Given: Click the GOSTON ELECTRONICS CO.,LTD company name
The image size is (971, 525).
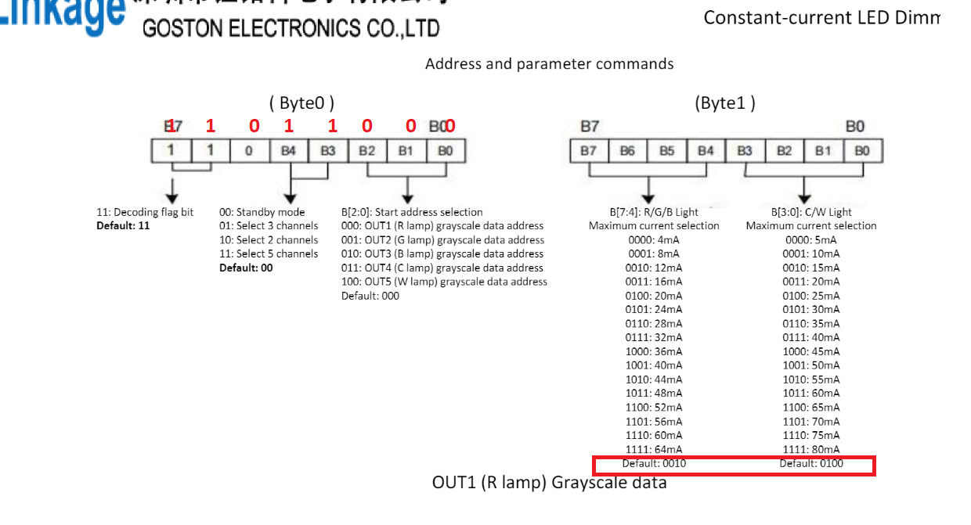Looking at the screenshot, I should (291, 29).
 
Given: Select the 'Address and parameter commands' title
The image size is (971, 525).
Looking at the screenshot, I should (549, 63).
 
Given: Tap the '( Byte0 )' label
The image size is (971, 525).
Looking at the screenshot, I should (301, 102).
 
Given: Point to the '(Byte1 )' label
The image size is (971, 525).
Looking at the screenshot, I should (724, 102).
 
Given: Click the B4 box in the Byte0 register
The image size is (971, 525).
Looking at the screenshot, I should (288, 150).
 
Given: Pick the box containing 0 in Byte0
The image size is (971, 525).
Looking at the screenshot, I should (249, 150).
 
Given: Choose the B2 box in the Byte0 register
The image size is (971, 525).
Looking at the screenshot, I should (366, 150).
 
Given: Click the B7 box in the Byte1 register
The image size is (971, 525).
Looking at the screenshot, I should (589, 150).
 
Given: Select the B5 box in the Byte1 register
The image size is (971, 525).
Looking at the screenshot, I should (667, 150).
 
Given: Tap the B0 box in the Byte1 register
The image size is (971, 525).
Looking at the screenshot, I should (862, 150).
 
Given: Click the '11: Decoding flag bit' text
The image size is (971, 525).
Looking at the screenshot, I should (145, 212).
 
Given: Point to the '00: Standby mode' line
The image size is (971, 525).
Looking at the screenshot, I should (262, 212).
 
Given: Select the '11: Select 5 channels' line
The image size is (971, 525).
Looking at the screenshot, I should (269, 254).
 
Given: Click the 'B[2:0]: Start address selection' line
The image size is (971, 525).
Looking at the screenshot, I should (412, 212).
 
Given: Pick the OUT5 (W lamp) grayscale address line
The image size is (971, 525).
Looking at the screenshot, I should (444, 282).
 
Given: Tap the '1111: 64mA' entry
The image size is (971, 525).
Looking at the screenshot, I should (653, 449).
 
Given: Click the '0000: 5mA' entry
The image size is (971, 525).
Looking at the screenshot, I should (810, 240).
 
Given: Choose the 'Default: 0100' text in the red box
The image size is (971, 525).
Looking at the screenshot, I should (811, 464).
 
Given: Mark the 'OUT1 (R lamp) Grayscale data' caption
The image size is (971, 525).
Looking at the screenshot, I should (549, 483).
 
